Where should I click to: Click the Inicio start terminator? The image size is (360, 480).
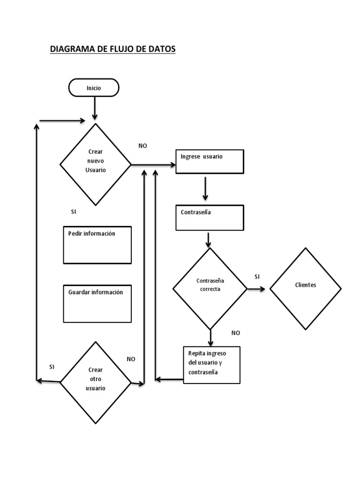(x=94, y=88)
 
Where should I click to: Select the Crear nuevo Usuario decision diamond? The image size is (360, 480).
(x=96, y=164)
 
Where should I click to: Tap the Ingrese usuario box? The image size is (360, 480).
(x=210, y=162)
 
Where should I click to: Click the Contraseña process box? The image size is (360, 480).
(x=210, y=217)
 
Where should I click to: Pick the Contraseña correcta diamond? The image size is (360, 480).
(x=210, y=288)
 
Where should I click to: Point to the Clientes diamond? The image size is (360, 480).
(x=305, y=288)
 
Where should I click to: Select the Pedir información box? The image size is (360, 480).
(x=97, y=245)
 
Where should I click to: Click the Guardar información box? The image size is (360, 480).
(x=97, y=304)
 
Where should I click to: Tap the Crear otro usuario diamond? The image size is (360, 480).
(x=96, y=382)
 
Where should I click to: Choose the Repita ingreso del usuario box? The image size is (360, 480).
(x=211, y=365)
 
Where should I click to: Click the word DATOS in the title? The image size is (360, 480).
(x=162, y=49)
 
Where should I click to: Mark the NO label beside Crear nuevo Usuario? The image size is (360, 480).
(x=142, y=146)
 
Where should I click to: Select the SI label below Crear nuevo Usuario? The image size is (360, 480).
(x=74, y=212)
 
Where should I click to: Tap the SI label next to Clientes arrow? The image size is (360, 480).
(x=257, y=277)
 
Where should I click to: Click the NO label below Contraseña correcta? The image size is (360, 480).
(x=236, y=333)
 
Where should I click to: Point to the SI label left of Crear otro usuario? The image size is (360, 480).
(x=52, y=366)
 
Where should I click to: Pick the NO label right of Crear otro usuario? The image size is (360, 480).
(x=131, y=359)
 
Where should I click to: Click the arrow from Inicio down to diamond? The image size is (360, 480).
(x=95, y=108)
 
